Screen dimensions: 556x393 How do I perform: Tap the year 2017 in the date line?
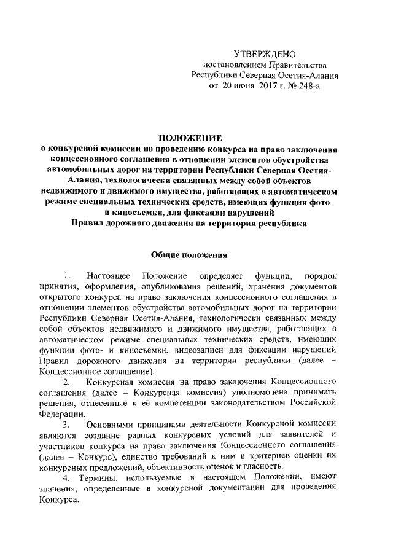click(260, 87)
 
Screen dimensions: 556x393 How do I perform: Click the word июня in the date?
click(236, 87)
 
